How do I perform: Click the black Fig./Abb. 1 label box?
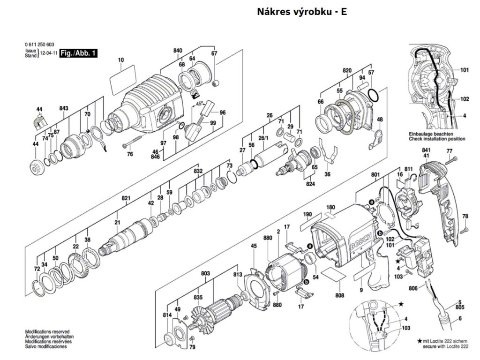pyautogui.click(x=78, y=53)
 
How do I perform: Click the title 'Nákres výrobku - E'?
pyautogui.click(x=302, y=12)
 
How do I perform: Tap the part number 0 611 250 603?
pyautogui.click(x=39, y=45)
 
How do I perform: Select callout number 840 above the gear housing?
pyautogui.click(x=177, y=51)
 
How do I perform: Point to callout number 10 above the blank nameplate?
pyautogui.click(x=121, y=60)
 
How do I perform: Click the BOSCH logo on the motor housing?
pyautogui.click(x=361, y=241)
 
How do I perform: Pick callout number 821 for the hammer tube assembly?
pyautogui.click(x=126, y=198)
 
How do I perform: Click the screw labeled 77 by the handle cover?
pyautogui.click(x=451, y=160)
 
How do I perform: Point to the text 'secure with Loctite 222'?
pyautogui.click(x=445, y=346)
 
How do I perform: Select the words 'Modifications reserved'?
pyautogui.click(x=47, y=331)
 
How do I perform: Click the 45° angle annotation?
pyautogui.click(x=199, y=104)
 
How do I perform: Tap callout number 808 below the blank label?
pyautogui.click(x=340, y=295)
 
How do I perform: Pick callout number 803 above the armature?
pyautogui.click(x=206, y=273)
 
